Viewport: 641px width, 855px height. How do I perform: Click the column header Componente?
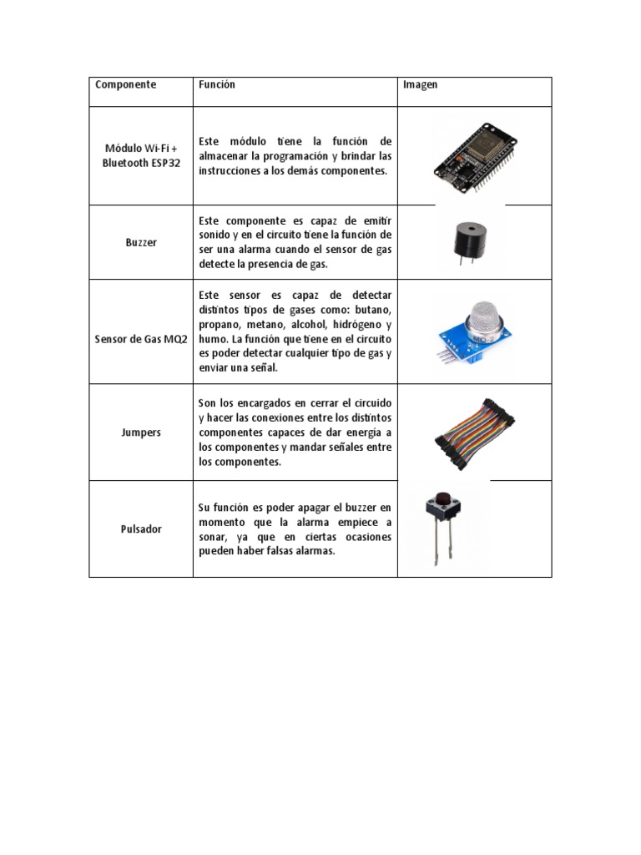(125, 85)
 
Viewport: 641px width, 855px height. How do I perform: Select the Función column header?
(217, 85)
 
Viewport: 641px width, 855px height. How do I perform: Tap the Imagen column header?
(421, 85)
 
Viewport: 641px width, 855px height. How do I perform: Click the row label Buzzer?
(141, 242)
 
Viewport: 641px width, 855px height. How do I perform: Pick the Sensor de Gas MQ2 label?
(141, 340)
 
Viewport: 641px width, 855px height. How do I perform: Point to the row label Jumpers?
(141, 433)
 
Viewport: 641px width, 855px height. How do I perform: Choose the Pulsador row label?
(141, 529)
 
